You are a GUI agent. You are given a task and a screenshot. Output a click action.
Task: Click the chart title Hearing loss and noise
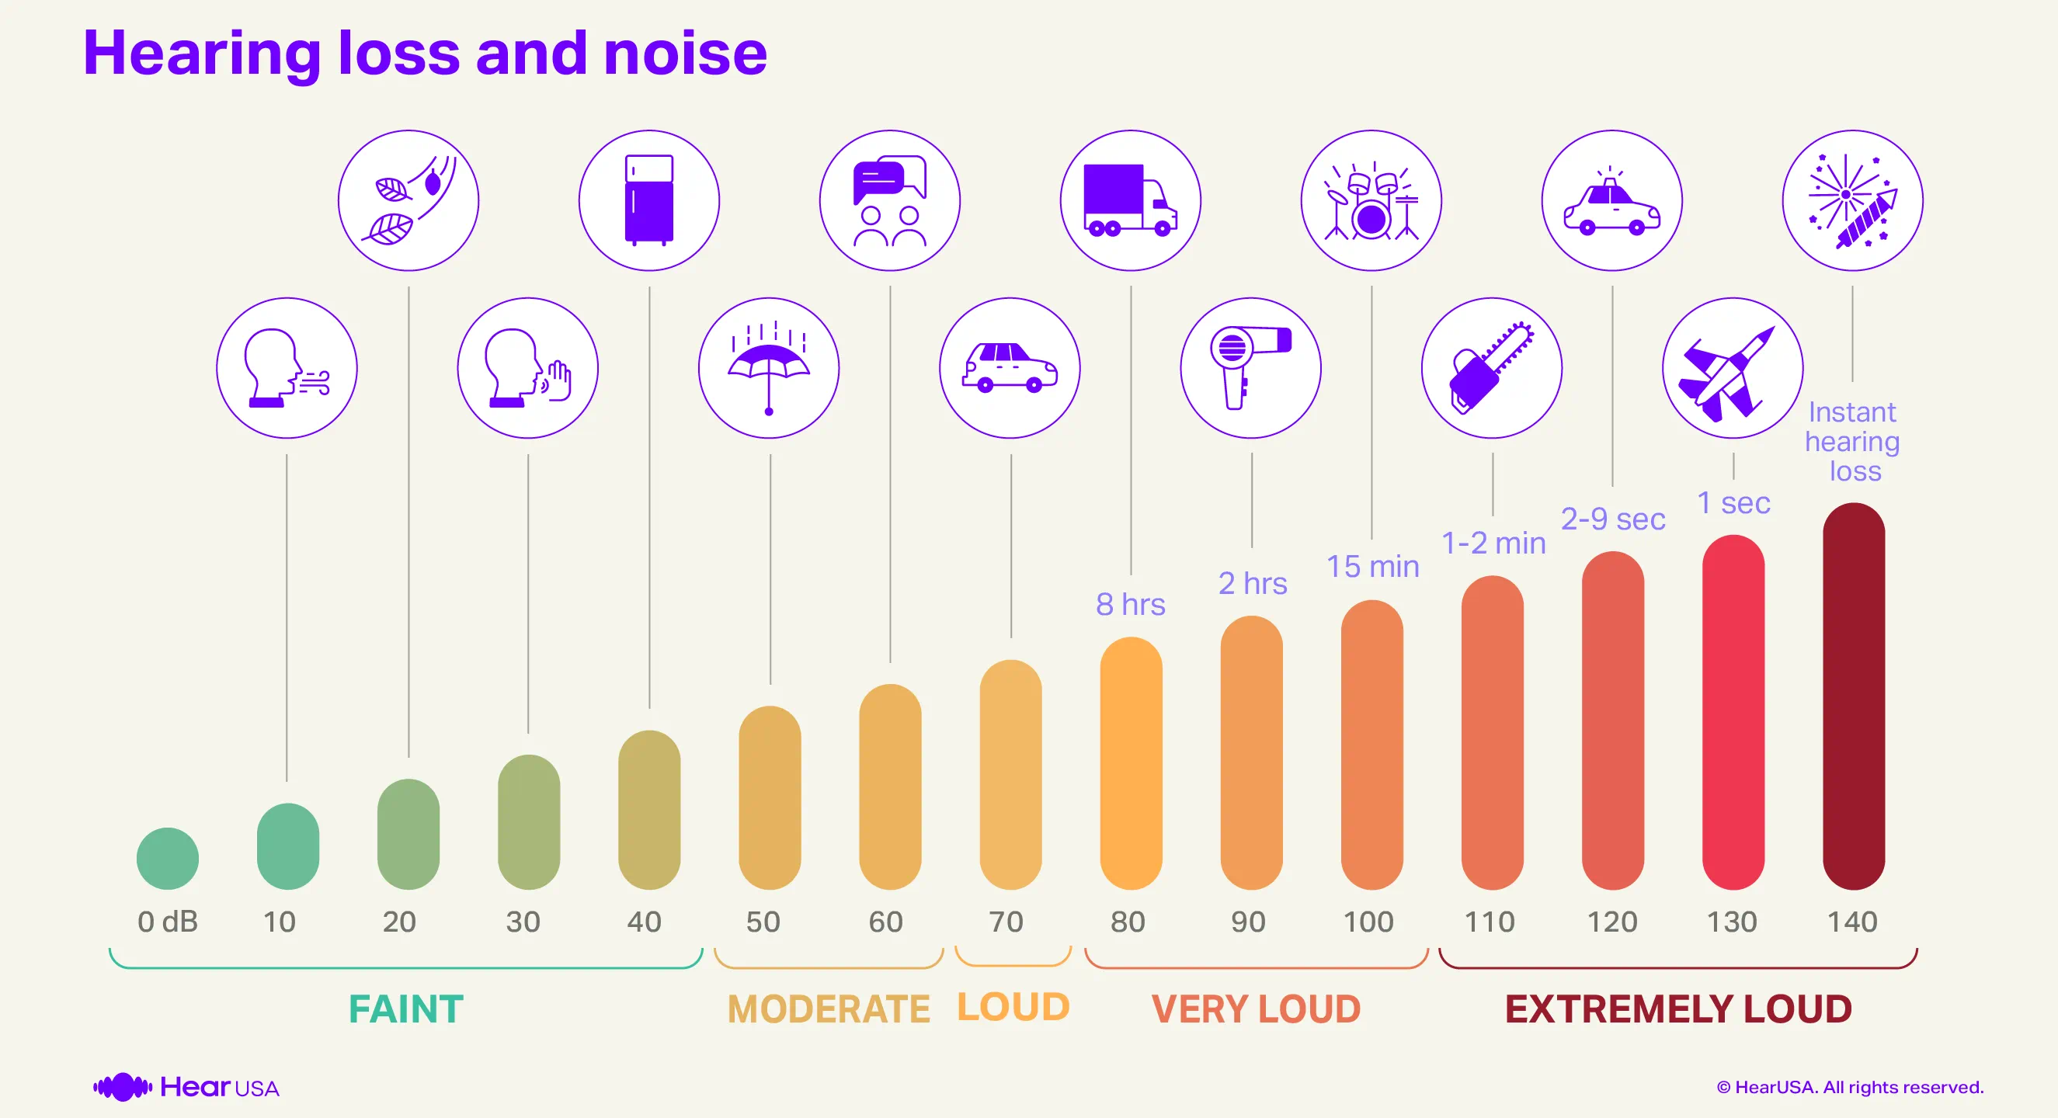(x=424, y=54)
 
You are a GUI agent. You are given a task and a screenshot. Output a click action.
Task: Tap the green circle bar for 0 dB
(x=167, y=859)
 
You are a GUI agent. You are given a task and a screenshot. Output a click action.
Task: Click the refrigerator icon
(x=648, y=200)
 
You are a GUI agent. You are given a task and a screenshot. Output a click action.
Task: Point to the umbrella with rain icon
(x=769, y=368)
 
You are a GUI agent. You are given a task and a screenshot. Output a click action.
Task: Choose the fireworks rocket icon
(x=1852, y=200)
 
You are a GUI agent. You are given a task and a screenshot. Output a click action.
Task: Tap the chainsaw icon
(x=1491, y=368)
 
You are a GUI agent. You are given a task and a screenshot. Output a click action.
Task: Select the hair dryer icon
(x=1250, y=368)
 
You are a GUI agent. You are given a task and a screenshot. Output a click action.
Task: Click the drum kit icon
(x=1371, y=200)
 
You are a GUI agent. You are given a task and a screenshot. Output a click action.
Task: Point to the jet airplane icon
(x=1732, y=368)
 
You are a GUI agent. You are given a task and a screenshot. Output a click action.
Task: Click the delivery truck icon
(x=1130, y=200)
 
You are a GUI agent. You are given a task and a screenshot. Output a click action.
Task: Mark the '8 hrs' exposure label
(x=1130, y=605)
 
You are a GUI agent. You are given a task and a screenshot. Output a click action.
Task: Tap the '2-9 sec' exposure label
(x=1612, y=519)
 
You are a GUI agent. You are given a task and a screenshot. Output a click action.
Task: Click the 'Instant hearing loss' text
(x=1852, y=442)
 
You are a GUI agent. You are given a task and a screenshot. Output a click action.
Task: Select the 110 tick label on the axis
(x=1490, y=922)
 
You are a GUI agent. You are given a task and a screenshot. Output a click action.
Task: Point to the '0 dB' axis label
(x=167, y=922)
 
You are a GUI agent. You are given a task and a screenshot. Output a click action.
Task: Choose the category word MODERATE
(x=829, y=1009)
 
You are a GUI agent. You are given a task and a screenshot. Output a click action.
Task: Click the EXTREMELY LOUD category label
(x=1677, y=1009)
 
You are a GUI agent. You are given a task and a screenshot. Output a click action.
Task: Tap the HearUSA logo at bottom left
(x=186, y=1087)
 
